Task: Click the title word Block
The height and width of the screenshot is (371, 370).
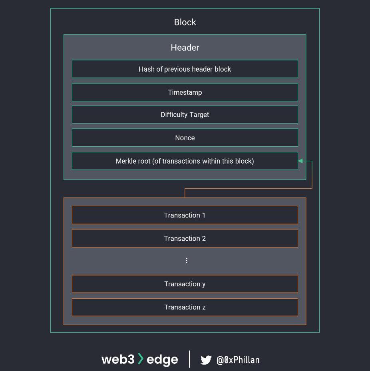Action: [x=185, y=22]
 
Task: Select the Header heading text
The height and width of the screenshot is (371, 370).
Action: [x=185, y=48]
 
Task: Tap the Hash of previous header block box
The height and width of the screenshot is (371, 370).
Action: [x=185, y=69]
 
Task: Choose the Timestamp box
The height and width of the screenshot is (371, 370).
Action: [x=185, y=92]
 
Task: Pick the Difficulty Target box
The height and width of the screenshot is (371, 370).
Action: [x=185, y=115]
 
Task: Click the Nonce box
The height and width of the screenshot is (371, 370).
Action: [x=185, y=138]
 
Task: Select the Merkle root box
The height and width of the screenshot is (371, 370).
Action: [x=185, y=161]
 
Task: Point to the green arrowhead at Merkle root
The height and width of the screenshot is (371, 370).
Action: [x=300, y=161]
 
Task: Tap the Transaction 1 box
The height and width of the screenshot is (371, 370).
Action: [x=185, y=215]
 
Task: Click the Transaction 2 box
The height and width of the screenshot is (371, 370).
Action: [x=185, y=239]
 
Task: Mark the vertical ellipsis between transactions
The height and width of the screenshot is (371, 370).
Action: [x=187, y=261]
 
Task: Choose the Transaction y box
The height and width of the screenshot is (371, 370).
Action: [x=185, y=284]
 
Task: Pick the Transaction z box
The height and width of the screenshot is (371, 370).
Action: [x=185, y=307]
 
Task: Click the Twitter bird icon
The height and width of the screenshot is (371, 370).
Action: [x=206, y=360]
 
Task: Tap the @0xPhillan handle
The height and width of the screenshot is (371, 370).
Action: [x=238, y=360]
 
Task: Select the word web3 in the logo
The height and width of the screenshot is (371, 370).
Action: [x=118, y=359]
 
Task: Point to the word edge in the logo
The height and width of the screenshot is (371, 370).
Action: [x=162, y=359]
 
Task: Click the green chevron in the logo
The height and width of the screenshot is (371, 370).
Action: [x=140, y=359]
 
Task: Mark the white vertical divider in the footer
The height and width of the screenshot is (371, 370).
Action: [x=189, y=359]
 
